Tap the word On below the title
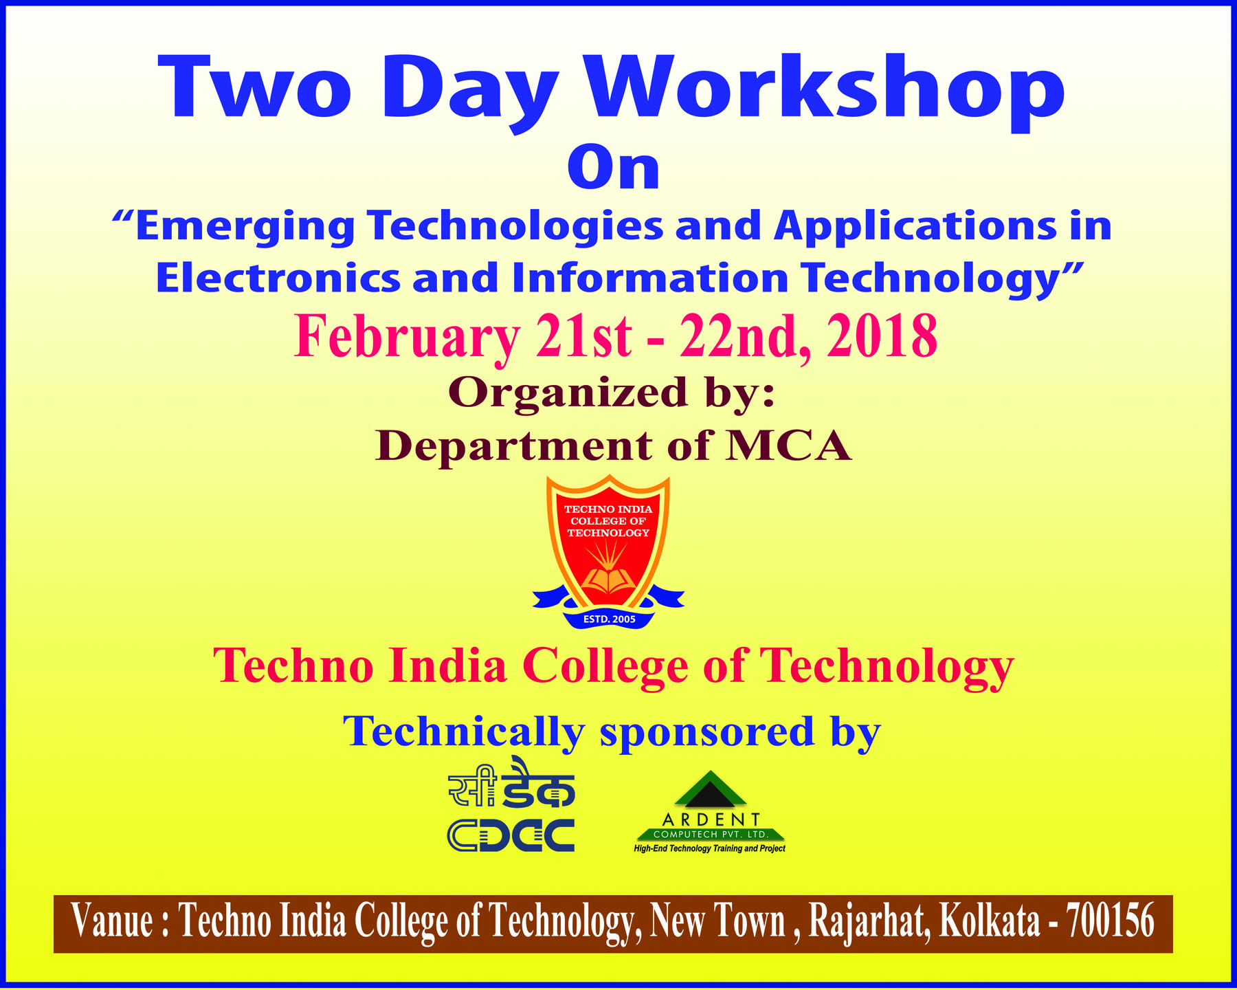coord(614,168)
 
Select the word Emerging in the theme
coord(245,227)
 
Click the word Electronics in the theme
coord(278,278)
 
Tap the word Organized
coord(568,394)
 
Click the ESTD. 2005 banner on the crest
coord(609,619)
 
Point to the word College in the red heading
coord(605,667)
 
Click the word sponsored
coord(708,733)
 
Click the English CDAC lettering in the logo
coord(511,835)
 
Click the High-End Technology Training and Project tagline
coord(709,849)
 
